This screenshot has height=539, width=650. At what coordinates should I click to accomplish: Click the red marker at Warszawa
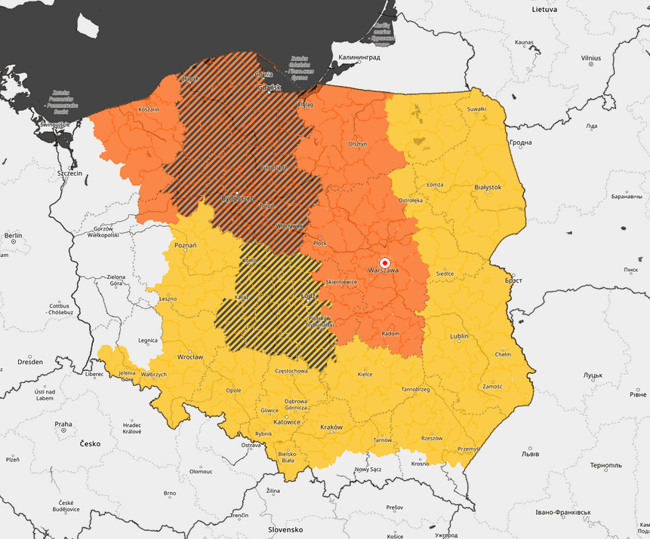(x=384, y=262)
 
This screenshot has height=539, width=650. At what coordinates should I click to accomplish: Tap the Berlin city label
(x=13, y=236)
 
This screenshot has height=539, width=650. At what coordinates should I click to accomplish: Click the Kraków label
(x=331, y=427)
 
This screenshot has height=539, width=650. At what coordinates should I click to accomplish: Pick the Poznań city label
(x=185, y=246)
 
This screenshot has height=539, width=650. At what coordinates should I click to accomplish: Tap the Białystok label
(x=487, y=186)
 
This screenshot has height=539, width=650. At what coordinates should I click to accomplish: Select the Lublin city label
(x=459, y=335)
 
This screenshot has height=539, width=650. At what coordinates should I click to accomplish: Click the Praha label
(x=63, y=424)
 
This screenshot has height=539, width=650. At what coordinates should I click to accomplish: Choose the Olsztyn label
(x=357, y=143)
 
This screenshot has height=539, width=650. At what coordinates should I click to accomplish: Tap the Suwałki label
(x=476, y=109)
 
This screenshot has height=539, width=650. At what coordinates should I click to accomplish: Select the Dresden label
(x=30, y=362)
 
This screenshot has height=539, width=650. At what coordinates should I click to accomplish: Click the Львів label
(x=530, y=454)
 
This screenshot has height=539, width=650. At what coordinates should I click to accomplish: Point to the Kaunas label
(x=524, y=43)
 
